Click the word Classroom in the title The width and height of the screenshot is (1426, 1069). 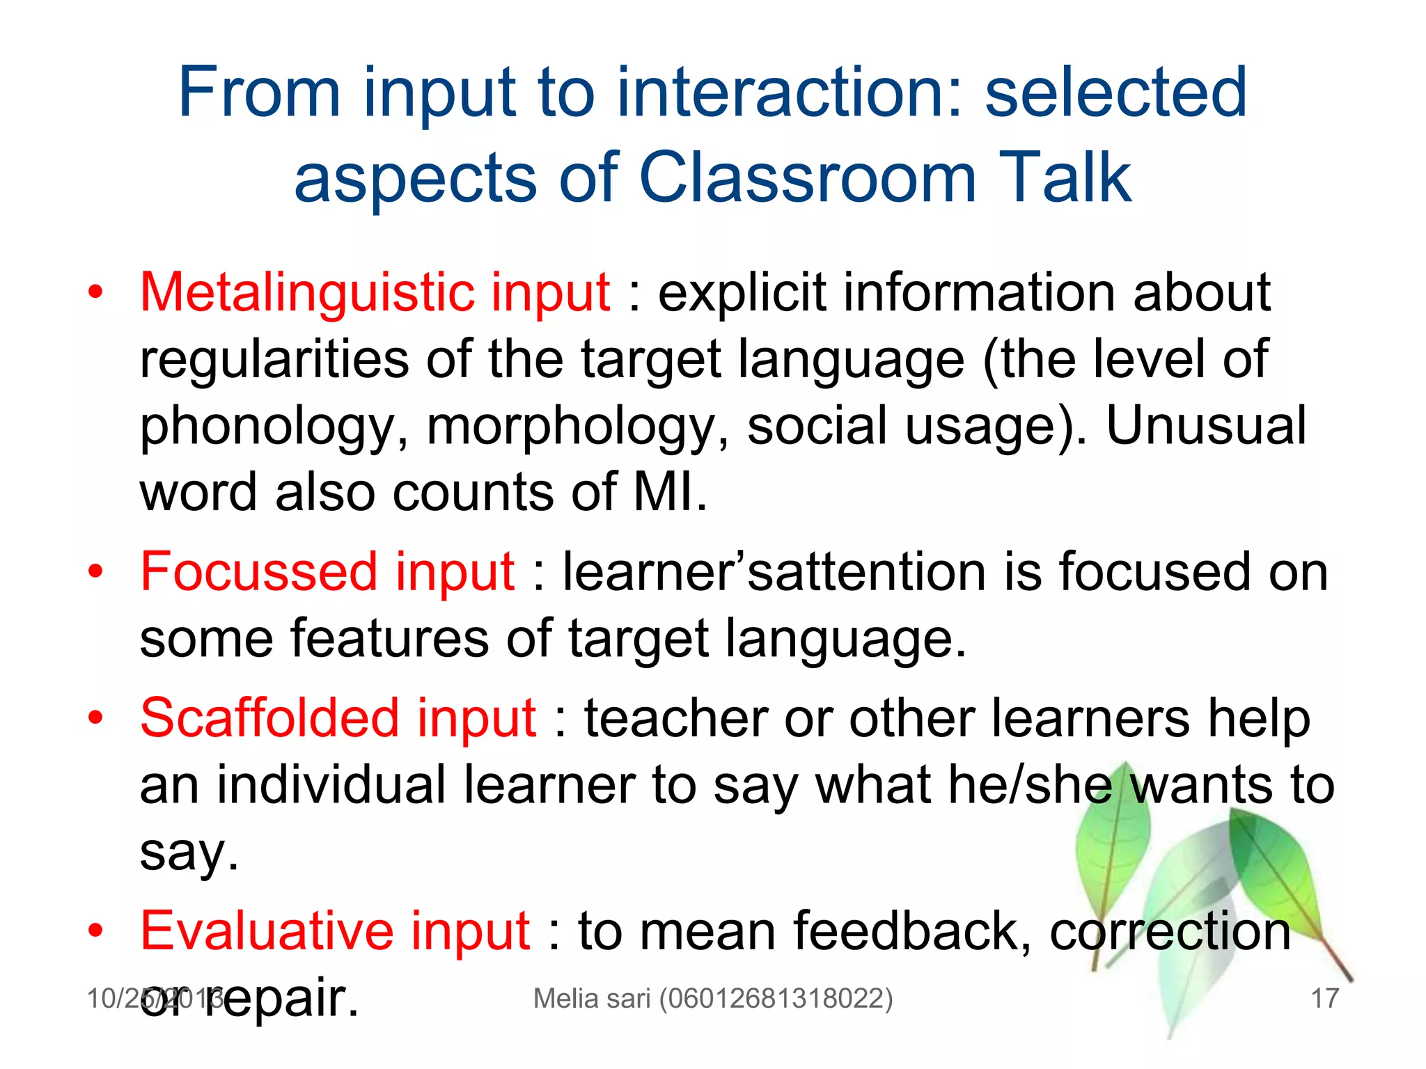[808, 178]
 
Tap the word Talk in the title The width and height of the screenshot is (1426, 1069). [1065, 178]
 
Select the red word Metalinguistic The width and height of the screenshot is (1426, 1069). [306, 292]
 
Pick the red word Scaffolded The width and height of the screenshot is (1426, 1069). [269, 718]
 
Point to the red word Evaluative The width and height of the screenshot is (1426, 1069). [265, 931]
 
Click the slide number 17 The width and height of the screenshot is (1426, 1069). [1324, 998]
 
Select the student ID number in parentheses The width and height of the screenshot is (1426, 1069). [776, 998]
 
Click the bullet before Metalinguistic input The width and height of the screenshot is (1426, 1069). [96, 292]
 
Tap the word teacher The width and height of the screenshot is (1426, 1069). [675, 718]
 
